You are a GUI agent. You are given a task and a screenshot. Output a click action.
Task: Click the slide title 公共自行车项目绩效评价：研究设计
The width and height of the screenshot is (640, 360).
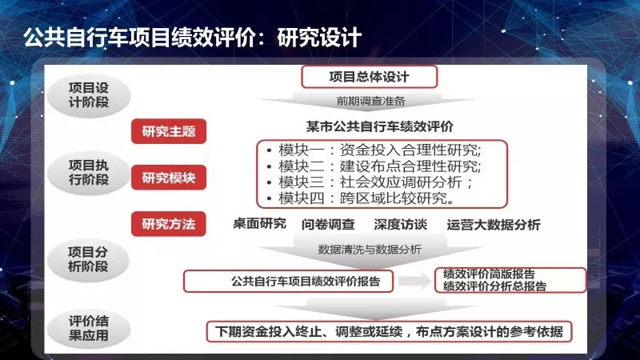(x=192, y=38)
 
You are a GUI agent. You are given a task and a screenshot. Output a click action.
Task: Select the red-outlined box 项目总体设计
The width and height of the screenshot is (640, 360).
(x=370, y=77)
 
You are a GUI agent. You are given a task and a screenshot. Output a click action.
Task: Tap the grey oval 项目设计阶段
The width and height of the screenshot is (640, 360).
(x=89, y=95)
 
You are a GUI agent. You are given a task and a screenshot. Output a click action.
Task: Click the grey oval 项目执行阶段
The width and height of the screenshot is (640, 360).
(x=89, y=172)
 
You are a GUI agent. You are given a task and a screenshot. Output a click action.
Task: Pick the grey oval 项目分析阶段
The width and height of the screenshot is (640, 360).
(x=88, y=259)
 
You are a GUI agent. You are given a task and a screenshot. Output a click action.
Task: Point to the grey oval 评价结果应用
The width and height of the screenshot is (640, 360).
(x=89, y=329)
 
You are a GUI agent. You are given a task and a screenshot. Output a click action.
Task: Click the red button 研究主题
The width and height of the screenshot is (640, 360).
(x=169, y=131)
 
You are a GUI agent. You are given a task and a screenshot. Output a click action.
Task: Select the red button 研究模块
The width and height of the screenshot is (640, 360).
(x=169, y=178)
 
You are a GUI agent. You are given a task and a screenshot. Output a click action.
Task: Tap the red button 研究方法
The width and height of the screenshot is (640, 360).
(x=169, y=224)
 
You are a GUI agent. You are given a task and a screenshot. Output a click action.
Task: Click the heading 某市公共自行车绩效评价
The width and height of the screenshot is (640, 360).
(x=379, y=126)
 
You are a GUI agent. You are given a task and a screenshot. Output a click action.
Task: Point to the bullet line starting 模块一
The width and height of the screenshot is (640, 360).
(x=374, y=150)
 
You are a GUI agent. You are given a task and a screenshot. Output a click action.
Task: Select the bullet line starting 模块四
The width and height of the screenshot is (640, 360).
(x=361, y=198)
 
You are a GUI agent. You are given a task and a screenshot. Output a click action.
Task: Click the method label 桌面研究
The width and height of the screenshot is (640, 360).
(x=259, y=224)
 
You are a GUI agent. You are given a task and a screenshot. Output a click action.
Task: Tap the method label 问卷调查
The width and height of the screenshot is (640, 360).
(x=328, y=225)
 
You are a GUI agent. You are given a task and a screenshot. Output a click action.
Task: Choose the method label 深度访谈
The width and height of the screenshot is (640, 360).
(x=401, y=225)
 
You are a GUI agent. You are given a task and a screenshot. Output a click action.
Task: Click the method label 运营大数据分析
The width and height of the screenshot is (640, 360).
(x=494, y=225)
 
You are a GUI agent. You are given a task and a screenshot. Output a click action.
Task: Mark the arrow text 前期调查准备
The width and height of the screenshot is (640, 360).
(x=370, y=101)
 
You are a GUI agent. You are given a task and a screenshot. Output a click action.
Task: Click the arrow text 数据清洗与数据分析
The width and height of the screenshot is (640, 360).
(x=370, y=250)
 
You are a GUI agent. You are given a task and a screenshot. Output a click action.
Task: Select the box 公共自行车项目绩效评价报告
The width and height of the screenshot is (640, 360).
(x=289, y=282)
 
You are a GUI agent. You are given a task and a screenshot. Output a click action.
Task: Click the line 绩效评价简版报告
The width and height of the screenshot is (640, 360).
(x=489, y=274)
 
